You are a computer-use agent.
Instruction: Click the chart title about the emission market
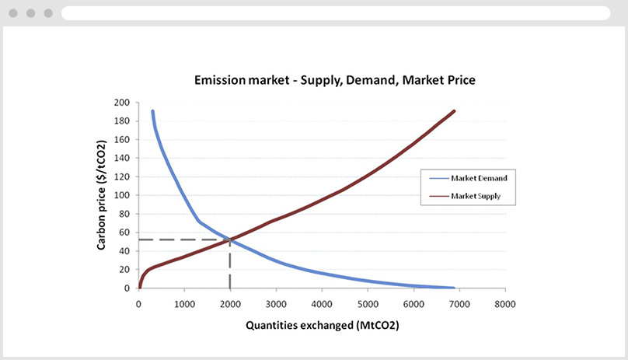(x=333, y=80)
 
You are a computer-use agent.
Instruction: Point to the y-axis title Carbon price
(x=102, y=195)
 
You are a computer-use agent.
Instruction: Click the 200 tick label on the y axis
(x=123, y=103)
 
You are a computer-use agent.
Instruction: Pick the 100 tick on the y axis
(x=123, y=195)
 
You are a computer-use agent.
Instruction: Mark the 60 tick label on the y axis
(x=124, y=232)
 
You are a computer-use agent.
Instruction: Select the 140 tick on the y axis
(x=123, y=158)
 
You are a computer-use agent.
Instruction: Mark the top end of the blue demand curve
(x=152, y=112)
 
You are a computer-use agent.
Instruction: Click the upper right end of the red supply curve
(x=454, y=111)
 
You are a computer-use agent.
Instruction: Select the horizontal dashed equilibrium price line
(x=183, y=239)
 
